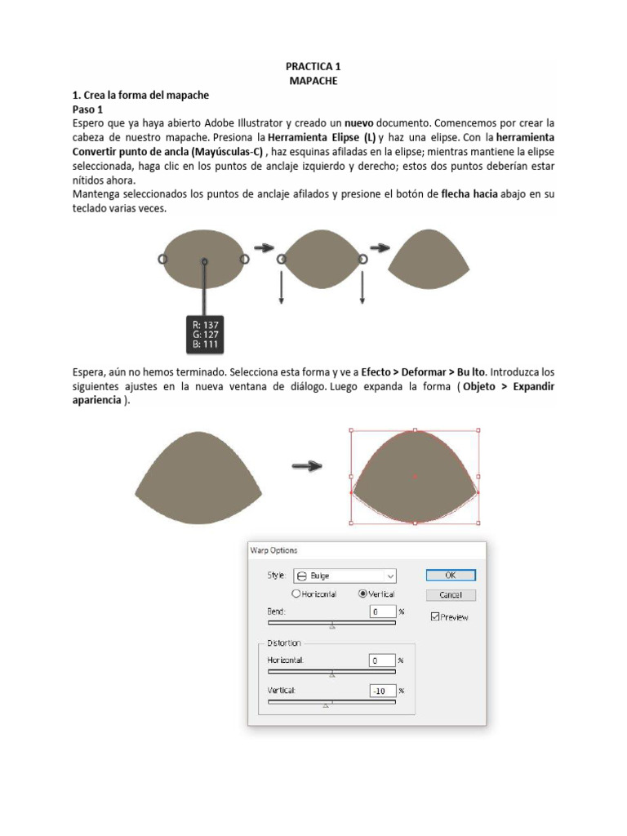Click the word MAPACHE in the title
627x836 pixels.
tap(313, 82)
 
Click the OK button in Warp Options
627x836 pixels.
tap(450, 575)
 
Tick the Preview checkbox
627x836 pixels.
tap(435, 617)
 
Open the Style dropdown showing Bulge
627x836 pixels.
tap(344, 575)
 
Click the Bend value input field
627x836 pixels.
tap(382, 611)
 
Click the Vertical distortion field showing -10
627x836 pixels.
tap(382, 690)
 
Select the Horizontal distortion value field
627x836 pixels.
tap(382, 660)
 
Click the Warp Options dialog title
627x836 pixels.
tap(274, 550)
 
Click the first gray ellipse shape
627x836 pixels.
tap(203, 259)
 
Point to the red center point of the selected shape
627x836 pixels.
tap(415, 476)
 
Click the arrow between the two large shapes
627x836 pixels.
tap(307, 466)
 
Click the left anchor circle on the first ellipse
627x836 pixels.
tap(162, 258)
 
